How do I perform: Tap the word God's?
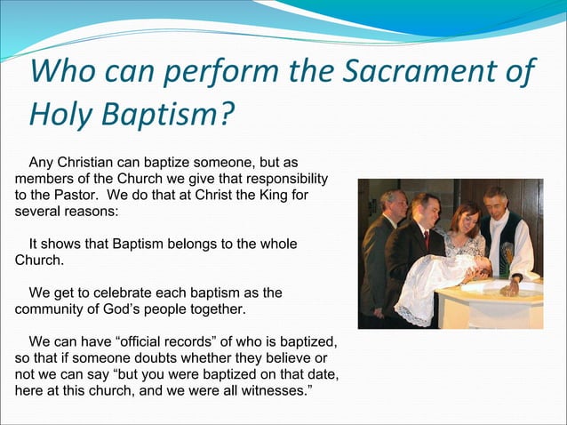[x=148, y=309]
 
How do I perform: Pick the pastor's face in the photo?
[x=495, y=202]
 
